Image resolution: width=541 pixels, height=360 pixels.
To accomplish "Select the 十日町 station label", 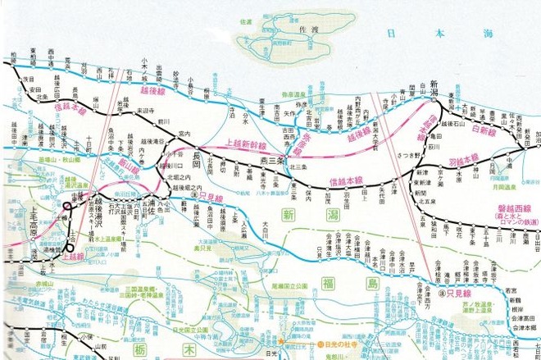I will [x=89, y=148].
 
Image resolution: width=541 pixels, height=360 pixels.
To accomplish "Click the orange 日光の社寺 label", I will [x=345, y=344].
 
